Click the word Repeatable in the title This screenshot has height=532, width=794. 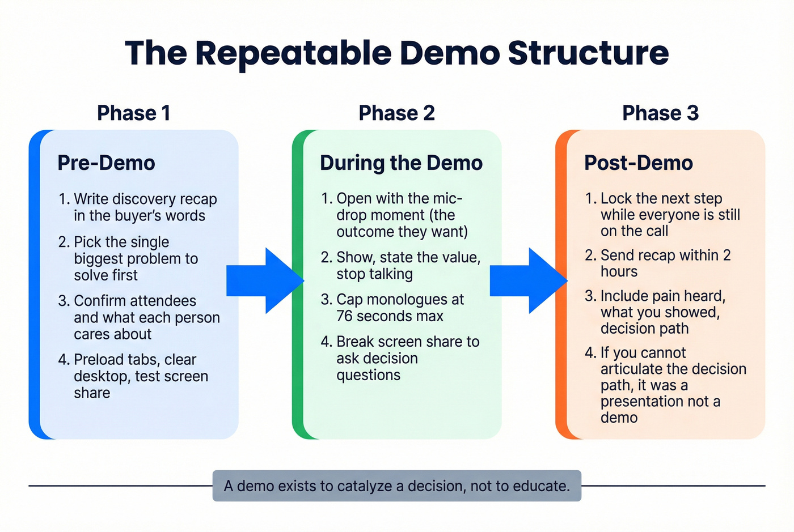click(293, 53)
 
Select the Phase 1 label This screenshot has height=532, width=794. click(133, 113)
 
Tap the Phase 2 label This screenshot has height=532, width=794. click(396, 113)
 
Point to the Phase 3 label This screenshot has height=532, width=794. click(660, 113)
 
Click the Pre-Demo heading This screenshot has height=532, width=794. click(106, 163)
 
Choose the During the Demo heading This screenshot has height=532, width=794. click(401, 163)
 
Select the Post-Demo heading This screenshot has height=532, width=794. click(638, 163)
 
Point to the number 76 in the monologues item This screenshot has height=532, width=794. click(345, 316)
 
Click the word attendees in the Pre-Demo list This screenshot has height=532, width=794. click(162, 301)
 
